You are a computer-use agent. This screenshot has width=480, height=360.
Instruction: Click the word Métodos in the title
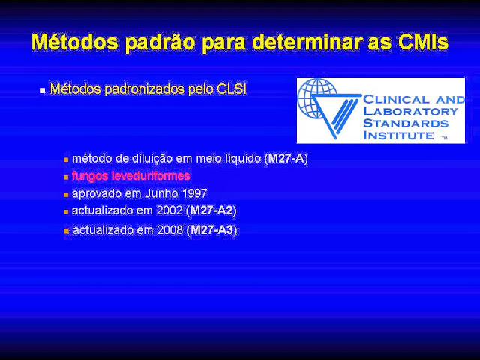tap(75, 42)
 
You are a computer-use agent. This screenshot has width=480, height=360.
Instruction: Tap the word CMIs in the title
tap(423, 42)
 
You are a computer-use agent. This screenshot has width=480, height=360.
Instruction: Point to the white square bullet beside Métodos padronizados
tap(43, 91)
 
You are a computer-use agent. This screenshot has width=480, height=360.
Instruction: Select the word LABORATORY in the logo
tap(410, 112)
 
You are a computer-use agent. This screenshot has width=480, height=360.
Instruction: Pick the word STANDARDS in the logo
tap(406, 123)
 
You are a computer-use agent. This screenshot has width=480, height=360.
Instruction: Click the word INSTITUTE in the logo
tap(398, 135)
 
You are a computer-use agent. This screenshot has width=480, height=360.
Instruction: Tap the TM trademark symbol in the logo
tap(445, 138)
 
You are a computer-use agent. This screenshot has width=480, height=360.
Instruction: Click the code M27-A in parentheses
tap(286, 158)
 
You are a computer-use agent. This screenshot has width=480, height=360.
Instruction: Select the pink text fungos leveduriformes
tap(131, 176)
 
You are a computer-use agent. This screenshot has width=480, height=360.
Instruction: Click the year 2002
tap(169, 211)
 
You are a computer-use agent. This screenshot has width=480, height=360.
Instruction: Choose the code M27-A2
tap(211, 211)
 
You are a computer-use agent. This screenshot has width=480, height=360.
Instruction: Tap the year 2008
tap(170, 230)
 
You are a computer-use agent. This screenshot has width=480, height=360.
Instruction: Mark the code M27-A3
tap(212, 230)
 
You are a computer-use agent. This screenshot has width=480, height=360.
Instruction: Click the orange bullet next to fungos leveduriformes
tap(66, 177)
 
